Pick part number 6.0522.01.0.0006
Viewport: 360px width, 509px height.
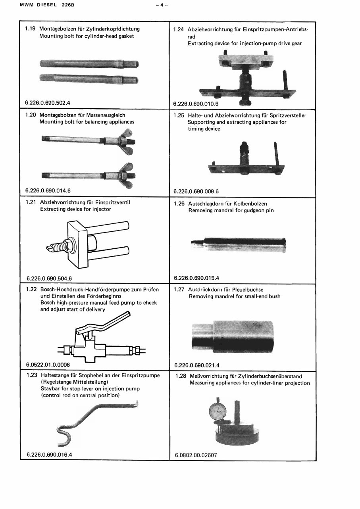pos(48,365)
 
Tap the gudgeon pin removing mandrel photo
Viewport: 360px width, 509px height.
pos(238,243)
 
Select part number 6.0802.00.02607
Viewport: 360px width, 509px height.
pos(196,455)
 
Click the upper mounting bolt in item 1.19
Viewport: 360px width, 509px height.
pos(89,63)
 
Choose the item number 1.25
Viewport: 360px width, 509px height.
pos(179,115)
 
